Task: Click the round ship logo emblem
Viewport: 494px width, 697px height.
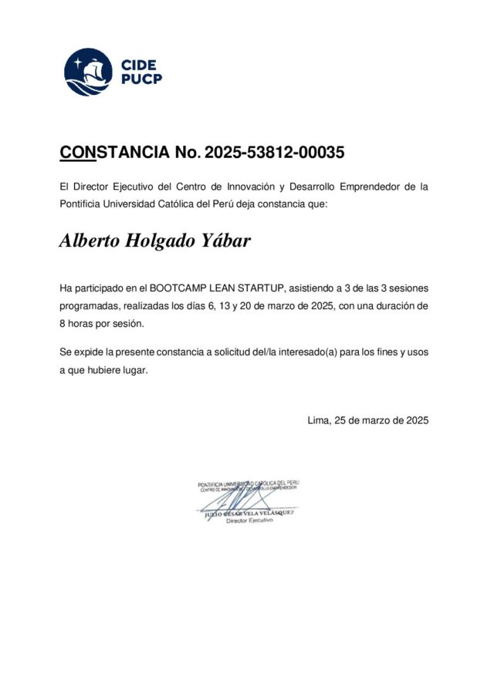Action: click(88, 72)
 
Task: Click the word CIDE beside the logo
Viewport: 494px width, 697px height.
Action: click(139, 64)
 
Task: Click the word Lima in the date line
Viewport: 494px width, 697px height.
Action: click(317, 420)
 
